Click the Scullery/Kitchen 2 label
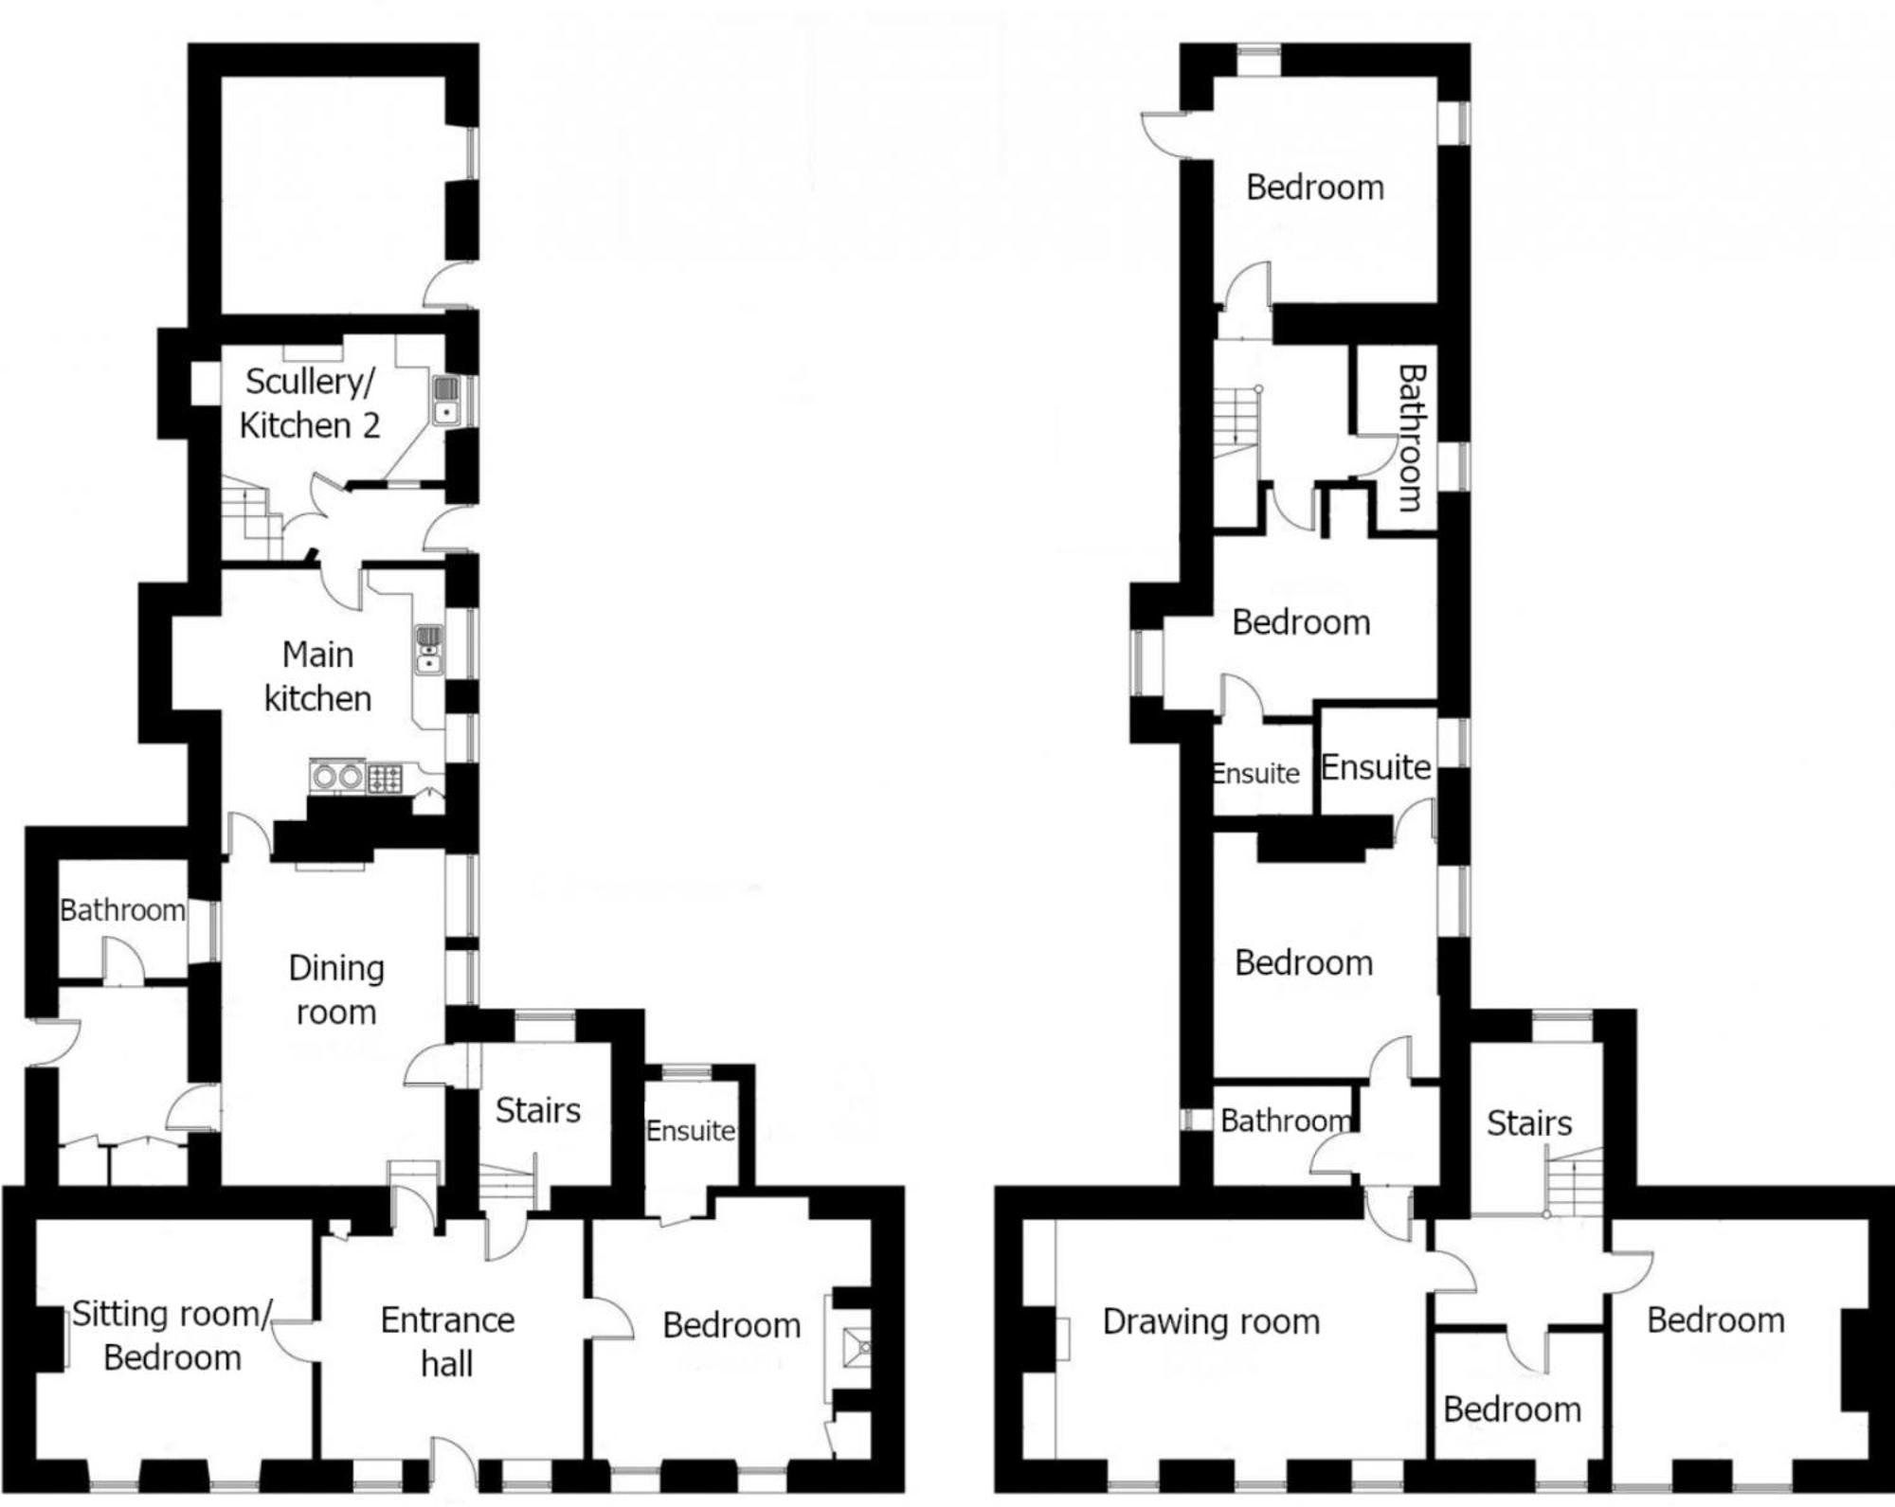point(310,404)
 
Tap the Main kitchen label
point(317,676)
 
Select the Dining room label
point(336,990)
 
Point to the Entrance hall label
point(447,1341)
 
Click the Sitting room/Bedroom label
point(172,1336)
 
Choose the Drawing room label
point(1211,1321)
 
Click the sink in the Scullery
point(446,401)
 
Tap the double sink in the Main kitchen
point(428,650)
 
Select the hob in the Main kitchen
point(385,779)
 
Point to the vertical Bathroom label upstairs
point(1412,439)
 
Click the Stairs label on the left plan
point(537,1110)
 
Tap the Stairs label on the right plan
point(1529,1123)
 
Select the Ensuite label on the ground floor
point(691,1131)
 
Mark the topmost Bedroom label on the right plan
point(1315,188)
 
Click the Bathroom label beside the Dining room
point(122,910)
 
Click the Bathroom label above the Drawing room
point(1286,1121)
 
